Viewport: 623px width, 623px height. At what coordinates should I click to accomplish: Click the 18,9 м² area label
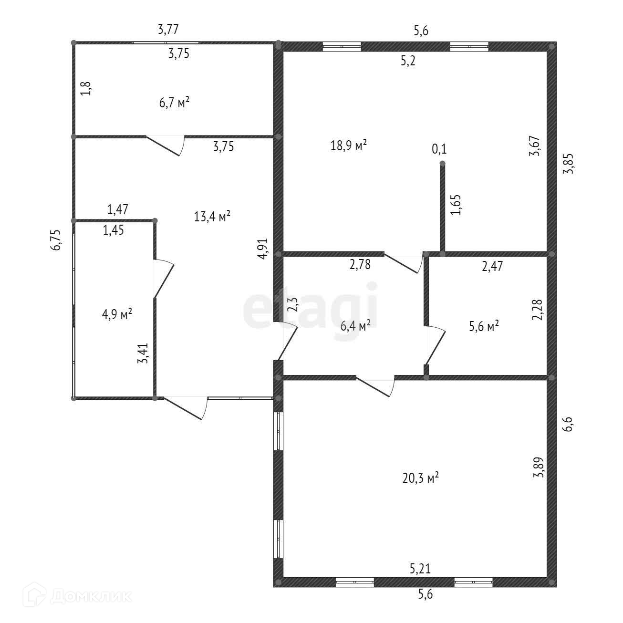[348, 145]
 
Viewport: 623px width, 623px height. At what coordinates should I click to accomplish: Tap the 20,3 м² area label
[420, 478]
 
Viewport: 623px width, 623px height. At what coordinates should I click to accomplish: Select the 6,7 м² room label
[174, 103]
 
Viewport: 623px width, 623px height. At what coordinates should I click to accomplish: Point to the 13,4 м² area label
[212, 216]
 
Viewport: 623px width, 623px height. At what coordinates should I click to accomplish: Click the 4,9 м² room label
[117, 314]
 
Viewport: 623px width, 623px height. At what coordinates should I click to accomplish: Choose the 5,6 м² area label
[484, 326]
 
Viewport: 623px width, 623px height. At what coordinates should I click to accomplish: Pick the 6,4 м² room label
[355, 325]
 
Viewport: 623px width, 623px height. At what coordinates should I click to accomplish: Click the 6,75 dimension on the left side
[56, 240]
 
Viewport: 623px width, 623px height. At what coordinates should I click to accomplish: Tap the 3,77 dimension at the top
[168, 29]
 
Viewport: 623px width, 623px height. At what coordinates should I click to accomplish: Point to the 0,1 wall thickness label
[439, 149]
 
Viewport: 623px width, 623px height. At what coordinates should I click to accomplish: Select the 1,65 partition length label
[456, 205]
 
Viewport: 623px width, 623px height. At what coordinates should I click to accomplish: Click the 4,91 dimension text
[262, 249]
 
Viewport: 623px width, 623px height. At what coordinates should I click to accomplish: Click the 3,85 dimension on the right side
[568, 163]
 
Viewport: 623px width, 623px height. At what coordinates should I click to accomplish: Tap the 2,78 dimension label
[360, 264]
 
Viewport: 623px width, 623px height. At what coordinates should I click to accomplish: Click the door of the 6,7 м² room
[165, 145]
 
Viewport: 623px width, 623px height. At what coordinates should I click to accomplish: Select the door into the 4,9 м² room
[164, 278]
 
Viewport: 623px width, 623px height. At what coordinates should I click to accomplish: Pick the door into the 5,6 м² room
[435, 346]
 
